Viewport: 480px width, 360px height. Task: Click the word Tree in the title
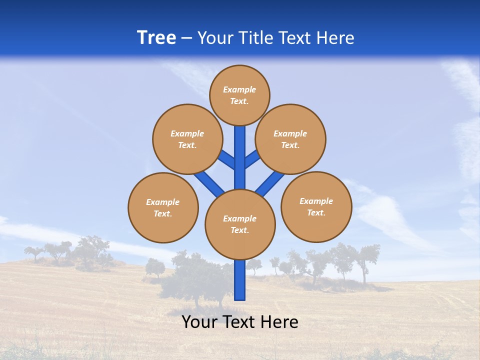click(x=156, y=38)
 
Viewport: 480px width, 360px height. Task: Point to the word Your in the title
click(x=216, y=38)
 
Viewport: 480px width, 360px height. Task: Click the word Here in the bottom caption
click(x=278, y=322)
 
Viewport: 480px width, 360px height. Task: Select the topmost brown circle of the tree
click(x=239, y=95)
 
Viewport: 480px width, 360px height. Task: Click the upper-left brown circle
click(x=187, y=139)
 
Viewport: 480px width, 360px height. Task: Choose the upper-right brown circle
click(x=290, y=139)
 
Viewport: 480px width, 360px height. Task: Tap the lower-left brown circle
click(x=163, y=207)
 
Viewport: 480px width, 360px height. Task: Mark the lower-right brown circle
click(x=316, y=206)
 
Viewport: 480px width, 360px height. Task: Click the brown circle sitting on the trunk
click(x=240, y=224)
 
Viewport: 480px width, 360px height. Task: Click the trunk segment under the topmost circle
click(x=240, y=150)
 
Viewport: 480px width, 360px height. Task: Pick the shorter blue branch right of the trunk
click(x=252, y=159)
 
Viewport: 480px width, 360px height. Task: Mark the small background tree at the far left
click(x=34, y=252)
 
